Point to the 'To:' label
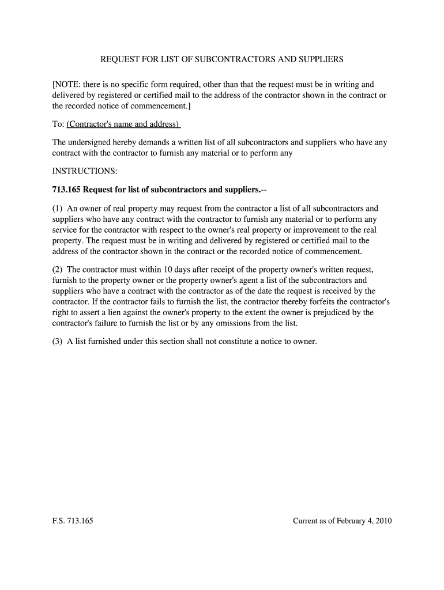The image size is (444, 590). tap(58, 124)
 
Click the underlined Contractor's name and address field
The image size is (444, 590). tap(123, 124)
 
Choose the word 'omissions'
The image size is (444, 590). tap(235, 323)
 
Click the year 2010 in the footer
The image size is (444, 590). tap(382, 521)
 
